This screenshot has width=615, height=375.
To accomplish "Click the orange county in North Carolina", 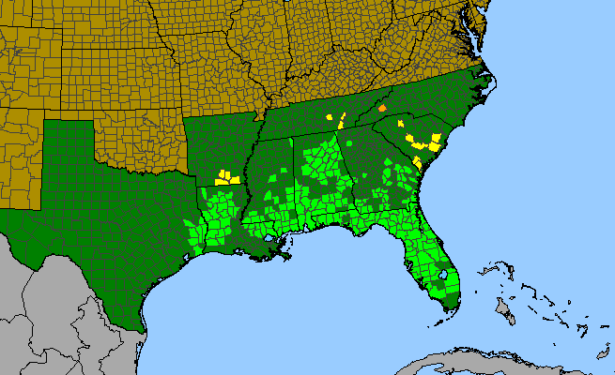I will click(x=382, y=109).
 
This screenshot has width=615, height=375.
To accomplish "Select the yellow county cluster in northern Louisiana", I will click(x=226, y=176).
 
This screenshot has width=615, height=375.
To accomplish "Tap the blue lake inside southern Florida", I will click(x=443, y=276).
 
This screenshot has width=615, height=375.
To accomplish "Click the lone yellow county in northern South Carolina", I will click(x=401, y=123).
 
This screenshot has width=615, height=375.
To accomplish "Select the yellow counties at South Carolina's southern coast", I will click(x=416, y=161).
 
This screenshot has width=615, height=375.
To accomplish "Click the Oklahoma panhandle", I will click(x=70, y=112).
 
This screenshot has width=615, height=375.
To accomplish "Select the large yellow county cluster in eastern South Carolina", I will click(x=424, y=142).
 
